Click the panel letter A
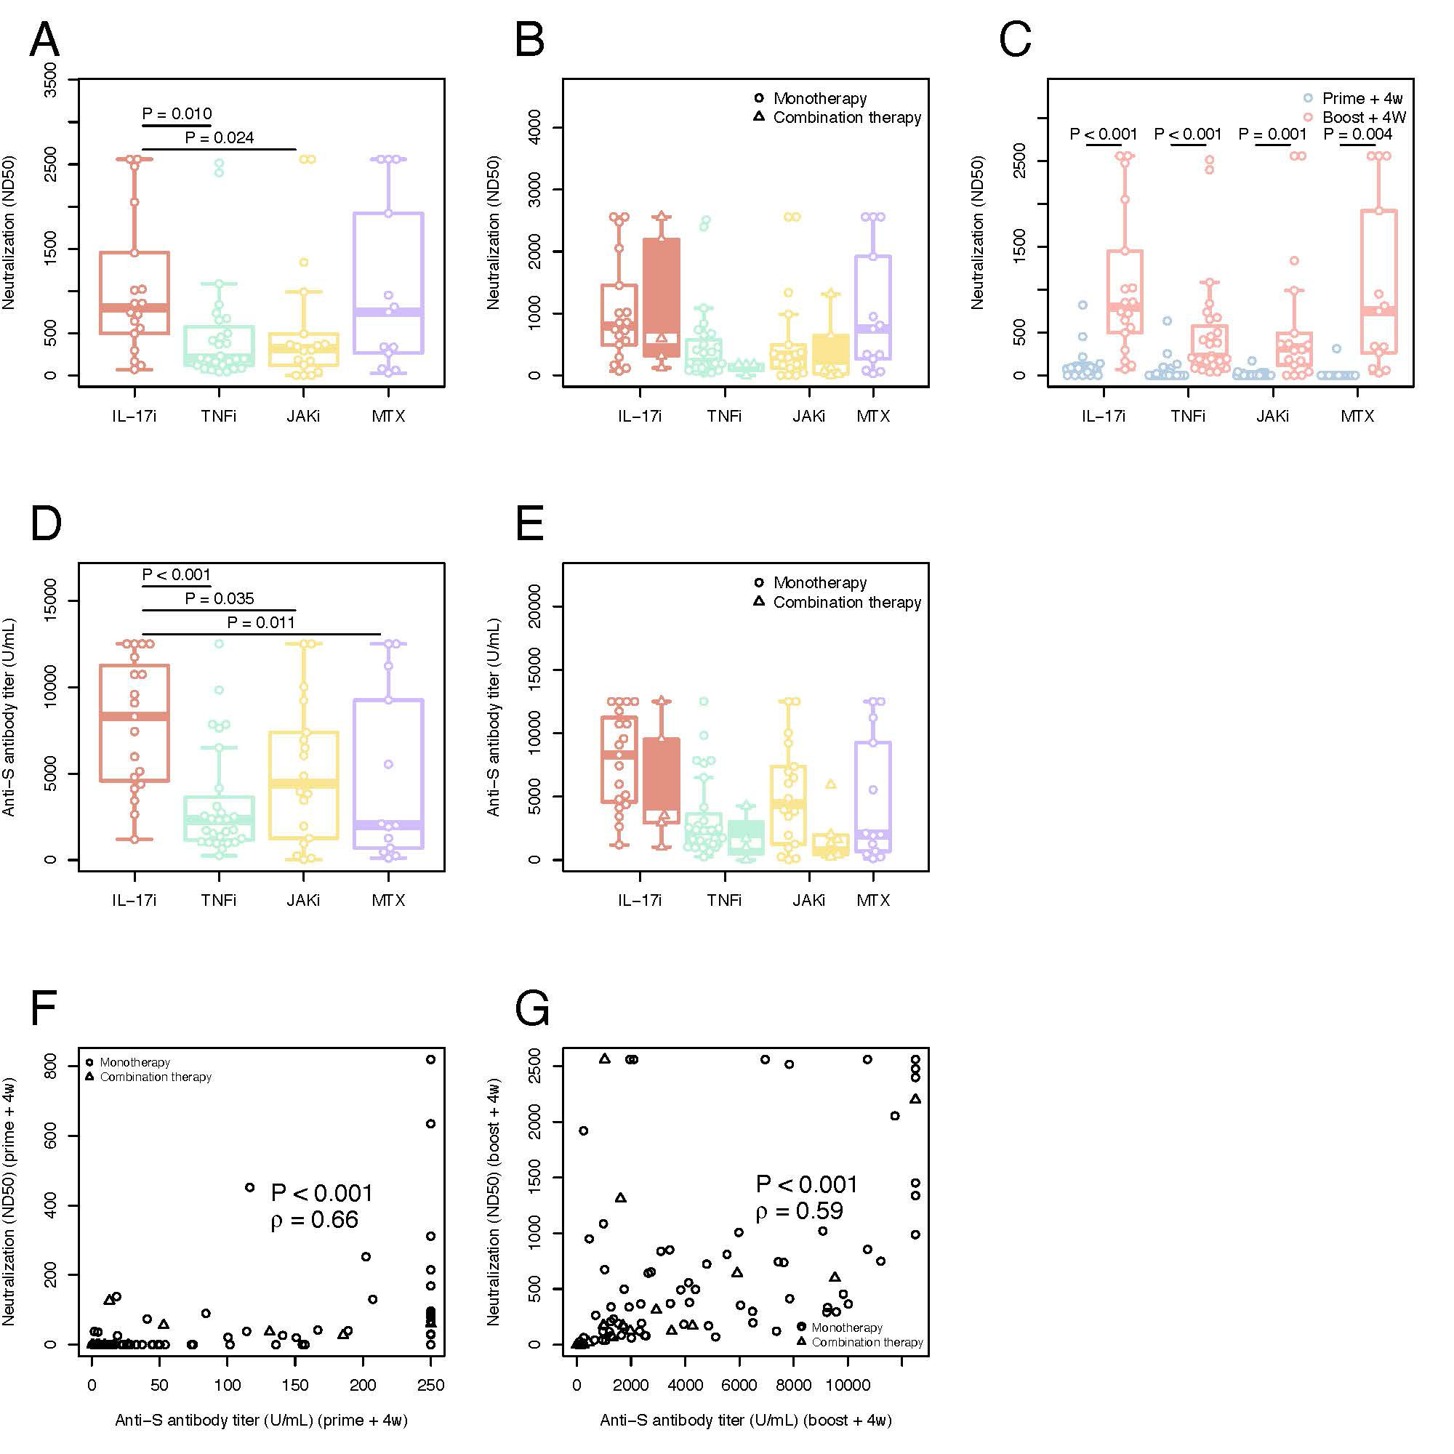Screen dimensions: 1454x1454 click(x=44, y=39)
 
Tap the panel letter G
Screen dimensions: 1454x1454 click(x=531, y=1008)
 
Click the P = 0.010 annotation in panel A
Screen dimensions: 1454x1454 click(x=177, y=113)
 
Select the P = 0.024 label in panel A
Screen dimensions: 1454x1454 click(x=219, y=137)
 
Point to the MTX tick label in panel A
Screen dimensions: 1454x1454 click(x=388, y=416)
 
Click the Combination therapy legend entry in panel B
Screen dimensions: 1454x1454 click(x=847, y=117)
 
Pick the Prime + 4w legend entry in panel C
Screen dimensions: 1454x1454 click(x=1362, y=99)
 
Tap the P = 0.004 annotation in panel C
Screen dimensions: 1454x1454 click(x=1357, y=134)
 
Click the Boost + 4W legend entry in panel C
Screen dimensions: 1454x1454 click(x=1364, y=117)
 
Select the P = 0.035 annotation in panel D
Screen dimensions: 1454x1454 click(x=219, y=598)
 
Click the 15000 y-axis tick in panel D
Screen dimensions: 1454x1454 click(x=50, y=600)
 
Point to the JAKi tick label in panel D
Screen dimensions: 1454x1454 click(x=303, y=900)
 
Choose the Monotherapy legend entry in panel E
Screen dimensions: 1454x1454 click(x=819, y=582)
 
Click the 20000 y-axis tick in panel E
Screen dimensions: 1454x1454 click(x=535, y=606)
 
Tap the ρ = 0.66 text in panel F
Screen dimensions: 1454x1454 click(x=314, y=1219)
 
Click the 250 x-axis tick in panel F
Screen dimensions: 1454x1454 click(x=430, y=1385)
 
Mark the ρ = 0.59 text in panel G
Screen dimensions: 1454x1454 click(x=799, y=1211)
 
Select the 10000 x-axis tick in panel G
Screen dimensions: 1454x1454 click(x=848, y=1385)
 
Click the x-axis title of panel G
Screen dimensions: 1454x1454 click(x=745, y=1420)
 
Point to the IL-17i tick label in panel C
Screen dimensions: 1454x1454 click(x=1104, y=416)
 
